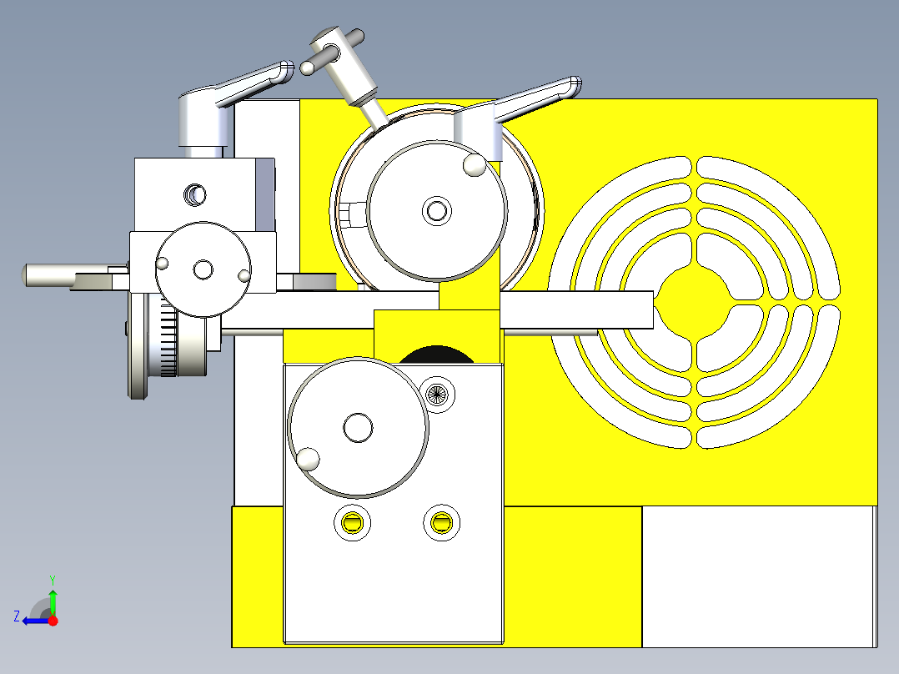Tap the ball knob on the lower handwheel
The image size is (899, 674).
tap(309, 459)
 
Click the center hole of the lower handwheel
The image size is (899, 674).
tap(358, 428)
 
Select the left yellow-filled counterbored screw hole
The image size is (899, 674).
tap(353, 524)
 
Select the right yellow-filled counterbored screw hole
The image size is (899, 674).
tap(441, 523)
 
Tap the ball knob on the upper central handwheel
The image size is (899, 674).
tap(475, 164)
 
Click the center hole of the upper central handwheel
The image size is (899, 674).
tap(435, 210)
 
